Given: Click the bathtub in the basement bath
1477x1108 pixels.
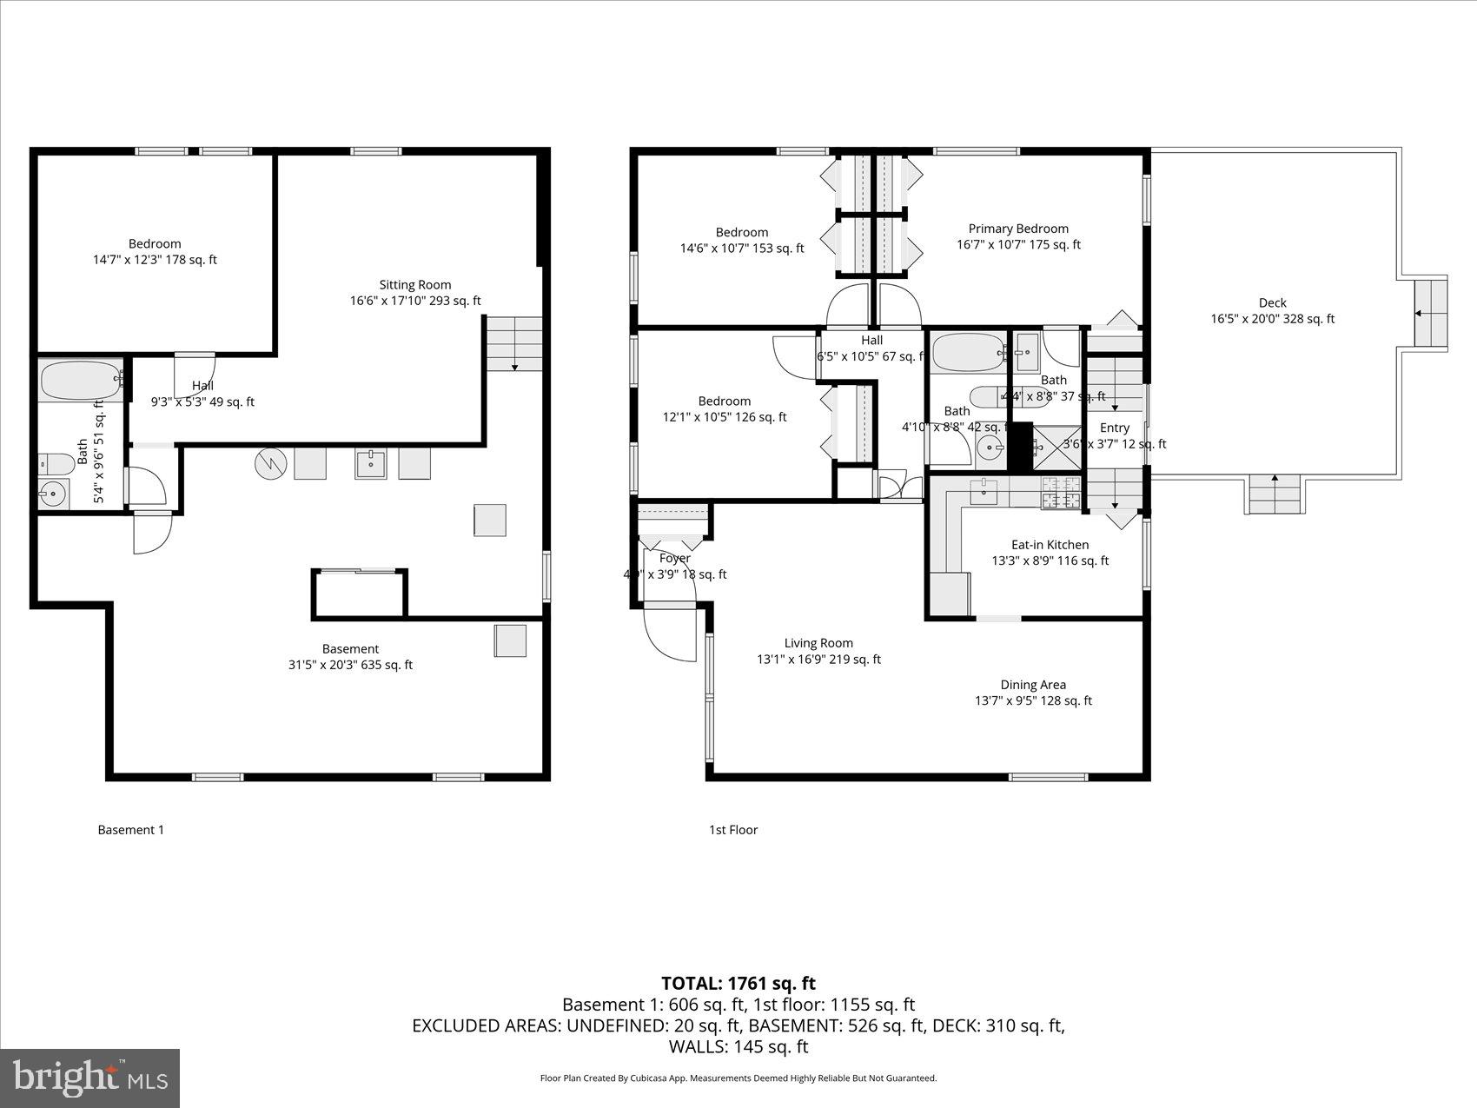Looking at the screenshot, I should click(x=80, y=381).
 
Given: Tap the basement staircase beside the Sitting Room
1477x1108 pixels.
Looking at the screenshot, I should click(x=513, y=343).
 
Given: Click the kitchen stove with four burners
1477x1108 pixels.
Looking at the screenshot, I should click(x=1061, y=493).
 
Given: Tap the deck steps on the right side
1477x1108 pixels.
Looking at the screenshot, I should click(x=1428, y=313).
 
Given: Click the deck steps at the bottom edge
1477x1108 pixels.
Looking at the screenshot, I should click(x=1275, y=494).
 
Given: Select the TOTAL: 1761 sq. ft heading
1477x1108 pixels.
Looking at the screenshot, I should click(x=738, y=983).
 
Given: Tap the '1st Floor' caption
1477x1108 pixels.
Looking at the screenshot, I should click(x=732, y=830).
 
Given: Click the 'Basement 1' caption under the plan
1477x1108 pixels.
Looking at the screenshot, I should click(x=130, y=830).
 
